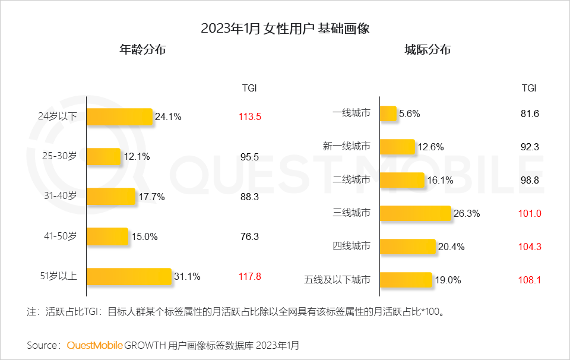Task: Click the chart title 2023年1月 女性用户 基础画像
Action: (x=285, y=29)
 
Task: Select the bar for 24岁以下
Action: (x=120, y=117)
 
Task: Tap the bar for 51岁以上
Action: (x=129, y=276)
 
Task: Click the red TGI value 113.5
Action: (x=250, y=117)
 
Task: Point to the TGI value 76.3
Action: (x=250, y=236)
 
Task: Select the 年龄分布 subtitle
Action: (x=142, y=50)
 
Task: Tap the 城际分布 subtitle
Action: (x=427, y=50)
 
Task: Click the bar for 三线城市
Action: (x=416, y=213)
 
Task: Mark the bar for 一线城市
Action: (x=388, y=113)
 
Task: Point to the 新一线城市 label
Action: (x=347, y=147)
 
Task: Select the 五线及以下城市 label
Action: (x=337, y=280)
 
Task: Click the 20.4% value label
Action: (x=451, y=247)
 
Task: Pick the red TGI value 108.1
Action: (x=530, y=280)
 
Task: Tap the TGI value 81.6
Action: (x=530, y=113)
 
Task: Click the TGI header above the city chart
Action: (x=529, y=88)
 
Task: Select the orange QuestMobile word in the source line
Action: (x=95, y=345)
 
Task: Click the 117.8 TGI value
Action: (x=250, y=276)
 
